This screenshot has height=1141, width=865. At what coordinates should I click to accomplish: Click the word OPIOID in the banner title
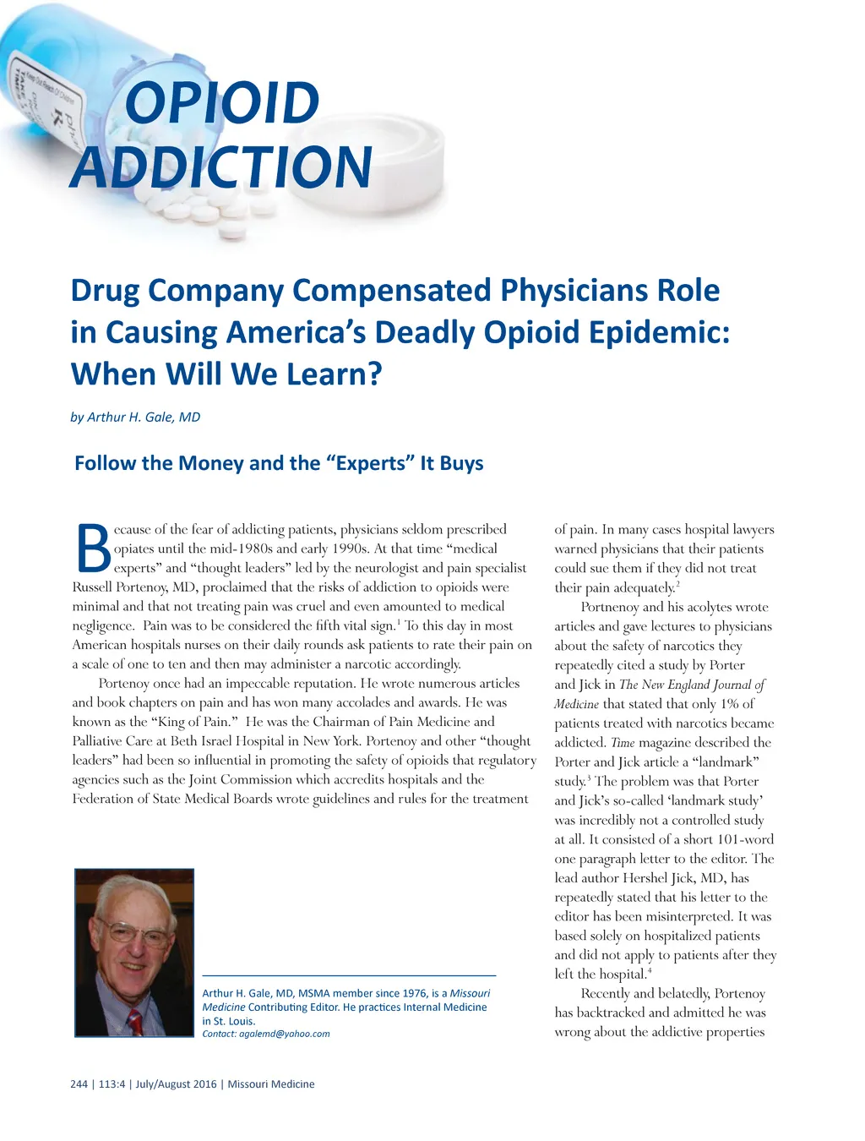pyautogui.click(x=222, y=103)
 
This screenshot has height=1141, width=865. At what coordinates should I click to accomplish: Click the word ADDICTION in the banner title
pyautogui.click(x=221, y=167)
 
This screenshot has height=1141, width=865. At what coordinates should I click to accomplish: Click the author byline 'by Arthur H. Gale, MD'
pyautogui.click(x=135, y=417)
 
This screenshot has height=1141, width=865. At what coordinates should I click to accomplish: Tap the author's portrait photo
pyautogui.click(x=134, y=953)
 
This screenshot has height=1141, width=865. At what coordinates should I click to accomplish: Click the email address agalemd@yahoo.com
pyautogui.click(x=284, y=1034)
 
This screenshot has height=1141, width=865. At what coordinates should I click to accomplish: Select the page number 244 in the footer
pyautogui.click(x=79, y=1084)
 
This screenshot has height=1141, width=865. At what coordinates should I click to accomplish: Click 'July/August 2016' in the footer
pyautogui.click(x=176, y=1084)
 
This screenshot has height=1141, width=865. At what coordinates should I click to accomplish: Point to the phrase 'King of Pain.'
pyautogui.click(x=193, y=722)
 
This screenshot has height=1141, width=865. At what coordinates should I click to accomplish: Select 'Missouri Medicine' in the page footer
pyautogui.click(x=270, y=1084)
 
